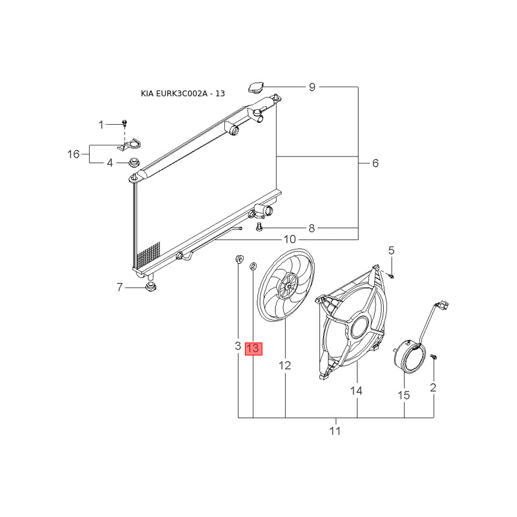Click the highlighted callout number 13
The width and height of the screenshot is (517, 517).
[253, 348]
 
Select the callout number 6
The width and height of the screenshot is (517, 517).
[375, 163]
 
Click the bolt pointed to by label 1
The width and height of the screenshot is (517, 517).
[124, 123]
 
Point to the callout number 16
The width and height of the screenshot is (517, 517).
[74, 154]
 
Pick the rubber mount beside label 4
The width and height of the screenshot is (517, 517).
[134, 162]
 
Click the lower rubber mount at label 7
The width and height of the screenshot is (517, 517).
[151, 286]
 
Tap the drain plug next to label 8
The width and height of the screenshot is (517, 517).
[259, 227]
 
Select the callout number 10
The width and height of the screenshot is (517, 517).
[290, 239]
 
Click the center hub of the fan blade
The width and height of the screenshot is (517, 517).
[288, 286]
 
